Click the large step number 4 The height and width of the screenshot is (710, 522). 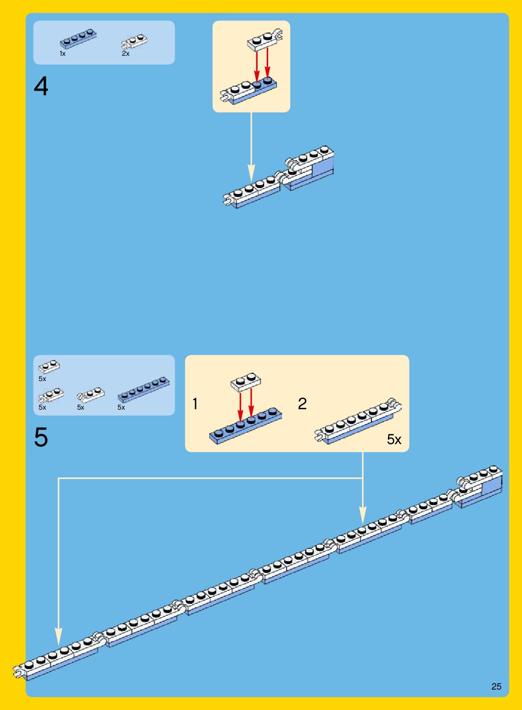tap(41, 86)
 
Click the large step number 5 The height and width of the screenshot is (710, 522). tap(41, 437)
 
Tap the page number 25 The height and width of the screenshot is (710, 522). tap(496, 686)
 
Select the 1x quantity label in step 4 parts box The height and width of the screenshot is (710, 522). tap(63, 54)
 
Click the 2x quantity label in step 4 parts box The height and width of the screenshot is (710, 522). tap(126, 54)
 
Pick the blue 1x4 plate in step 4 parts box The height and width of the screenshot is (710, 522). tap(78, 39)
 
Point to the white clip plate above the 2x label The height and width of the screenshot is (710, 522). tap(134, 41)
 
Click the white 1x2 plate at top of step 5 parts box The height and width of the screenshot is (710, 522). tap(49, 366)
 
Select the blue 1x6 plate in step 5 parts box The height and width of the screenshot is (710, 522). tap(143, 390)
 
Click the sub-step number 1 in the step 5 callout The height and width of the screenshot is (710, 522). tap(195, 404)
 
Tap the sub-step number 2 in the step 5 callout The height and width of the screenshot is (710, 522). tap(302, 404)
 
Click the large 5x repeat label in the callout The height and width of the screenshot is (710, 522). tap(394, 439)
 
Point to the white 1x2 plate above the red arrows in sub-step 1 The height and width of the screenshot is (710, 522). tap(246, 382)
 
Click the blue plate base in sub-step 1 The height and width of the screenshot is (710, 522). tap(245, 426)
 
